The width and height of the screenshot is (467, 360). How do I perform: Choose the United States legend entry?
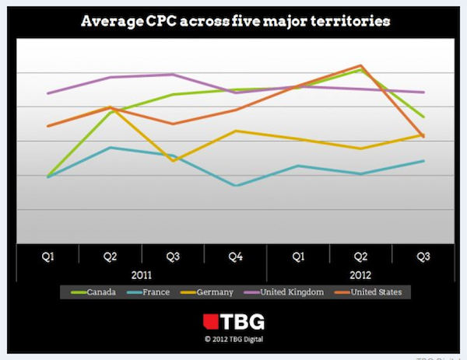click(376, 292)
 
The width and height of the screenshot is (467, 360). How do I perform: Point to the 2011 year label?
click(141, 274)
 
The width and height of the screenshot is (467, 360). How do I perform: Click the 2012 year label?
click(360, 274)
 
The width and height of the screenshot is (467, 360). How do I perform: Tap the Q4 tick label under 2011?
click(235, 255)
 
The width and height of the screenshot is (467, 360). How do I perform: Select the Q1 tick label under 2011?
click(47, 255)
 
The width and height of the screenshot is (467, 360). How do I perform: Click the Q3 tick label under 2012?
click(423, 255)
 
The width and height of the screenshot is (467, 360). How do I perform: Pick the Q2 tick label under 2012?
click(360, 255)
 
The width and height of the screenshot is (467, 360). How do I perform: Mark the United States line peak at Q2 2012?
click(360, 65)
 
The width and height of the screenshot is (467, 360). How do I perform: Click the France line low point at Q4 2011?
click(235, 186)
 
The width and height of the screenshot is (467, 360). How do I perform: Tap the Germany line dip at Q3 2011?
click(173, 160)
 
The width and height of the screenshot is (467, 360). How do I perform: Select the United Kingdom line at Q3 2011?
click(173, 75)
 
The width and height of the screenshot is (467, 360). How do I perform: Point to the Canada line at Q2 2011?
click(110, 112)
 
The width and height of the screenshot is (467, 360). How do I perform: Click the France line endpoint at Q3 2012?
click(423, 161)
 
